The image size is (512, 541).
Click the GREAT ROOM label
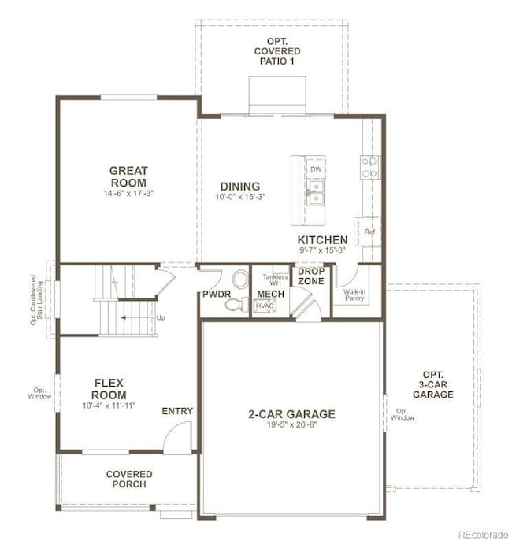pyautogui.click(x=128, y=176)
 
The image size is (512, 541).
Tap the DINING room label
pyautogui.click(x=239, y=186)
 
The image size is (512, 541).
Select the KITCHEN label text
pyautogui.click(x=322, y=240)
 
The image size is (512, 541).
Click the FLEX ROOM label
pyautogui.click(x=109, y=389)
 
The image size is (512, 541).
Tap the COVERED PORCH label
pyautogui.click(x=129, y=479)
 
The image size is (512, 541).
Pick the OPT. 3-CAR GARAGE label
pyautogui.click(x=433, y=384)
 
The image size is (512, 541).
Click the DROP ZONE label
pyautogui.click(x=311, y=276)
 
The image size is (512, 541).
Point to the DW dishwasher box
pyautogui.click(x=315, y=169)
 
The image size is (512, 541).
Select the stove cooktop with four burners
pyautogui.click(x=369, y=165)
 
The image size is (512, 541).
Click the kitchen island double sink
pyautogui.click(x=315, y=191)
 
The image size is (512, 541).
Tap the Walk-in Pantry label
pyautogui.click(x=354, y=295)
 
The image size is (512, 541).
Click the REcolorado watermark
pyautogui.click(x=483, y=534)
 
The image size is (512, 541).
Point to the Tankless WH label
pyautogui.click(x=275, y=280)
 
